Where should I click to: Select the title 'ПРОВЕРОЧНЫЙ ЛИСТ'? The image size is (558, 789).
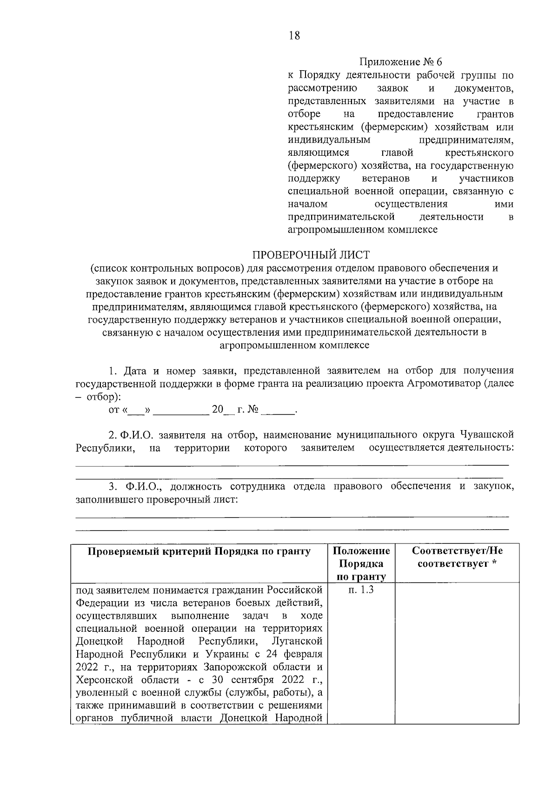point(311,255)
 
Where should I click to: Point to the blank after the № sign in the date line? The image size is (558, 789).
point(278,410)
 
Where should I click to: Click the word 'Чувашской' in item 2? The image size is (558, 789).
point(487,435)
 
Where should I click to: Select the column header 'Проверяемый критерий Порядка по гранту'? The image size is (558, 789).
point(199,551)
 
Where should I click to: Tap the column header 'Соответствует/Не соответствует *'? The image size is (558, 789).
point(457,557)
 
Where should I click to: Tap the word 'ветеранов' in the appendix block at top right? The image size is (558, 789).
point(385,179)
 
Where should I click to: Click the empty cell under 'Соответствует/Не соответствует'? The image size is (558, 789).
point(457,651)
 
